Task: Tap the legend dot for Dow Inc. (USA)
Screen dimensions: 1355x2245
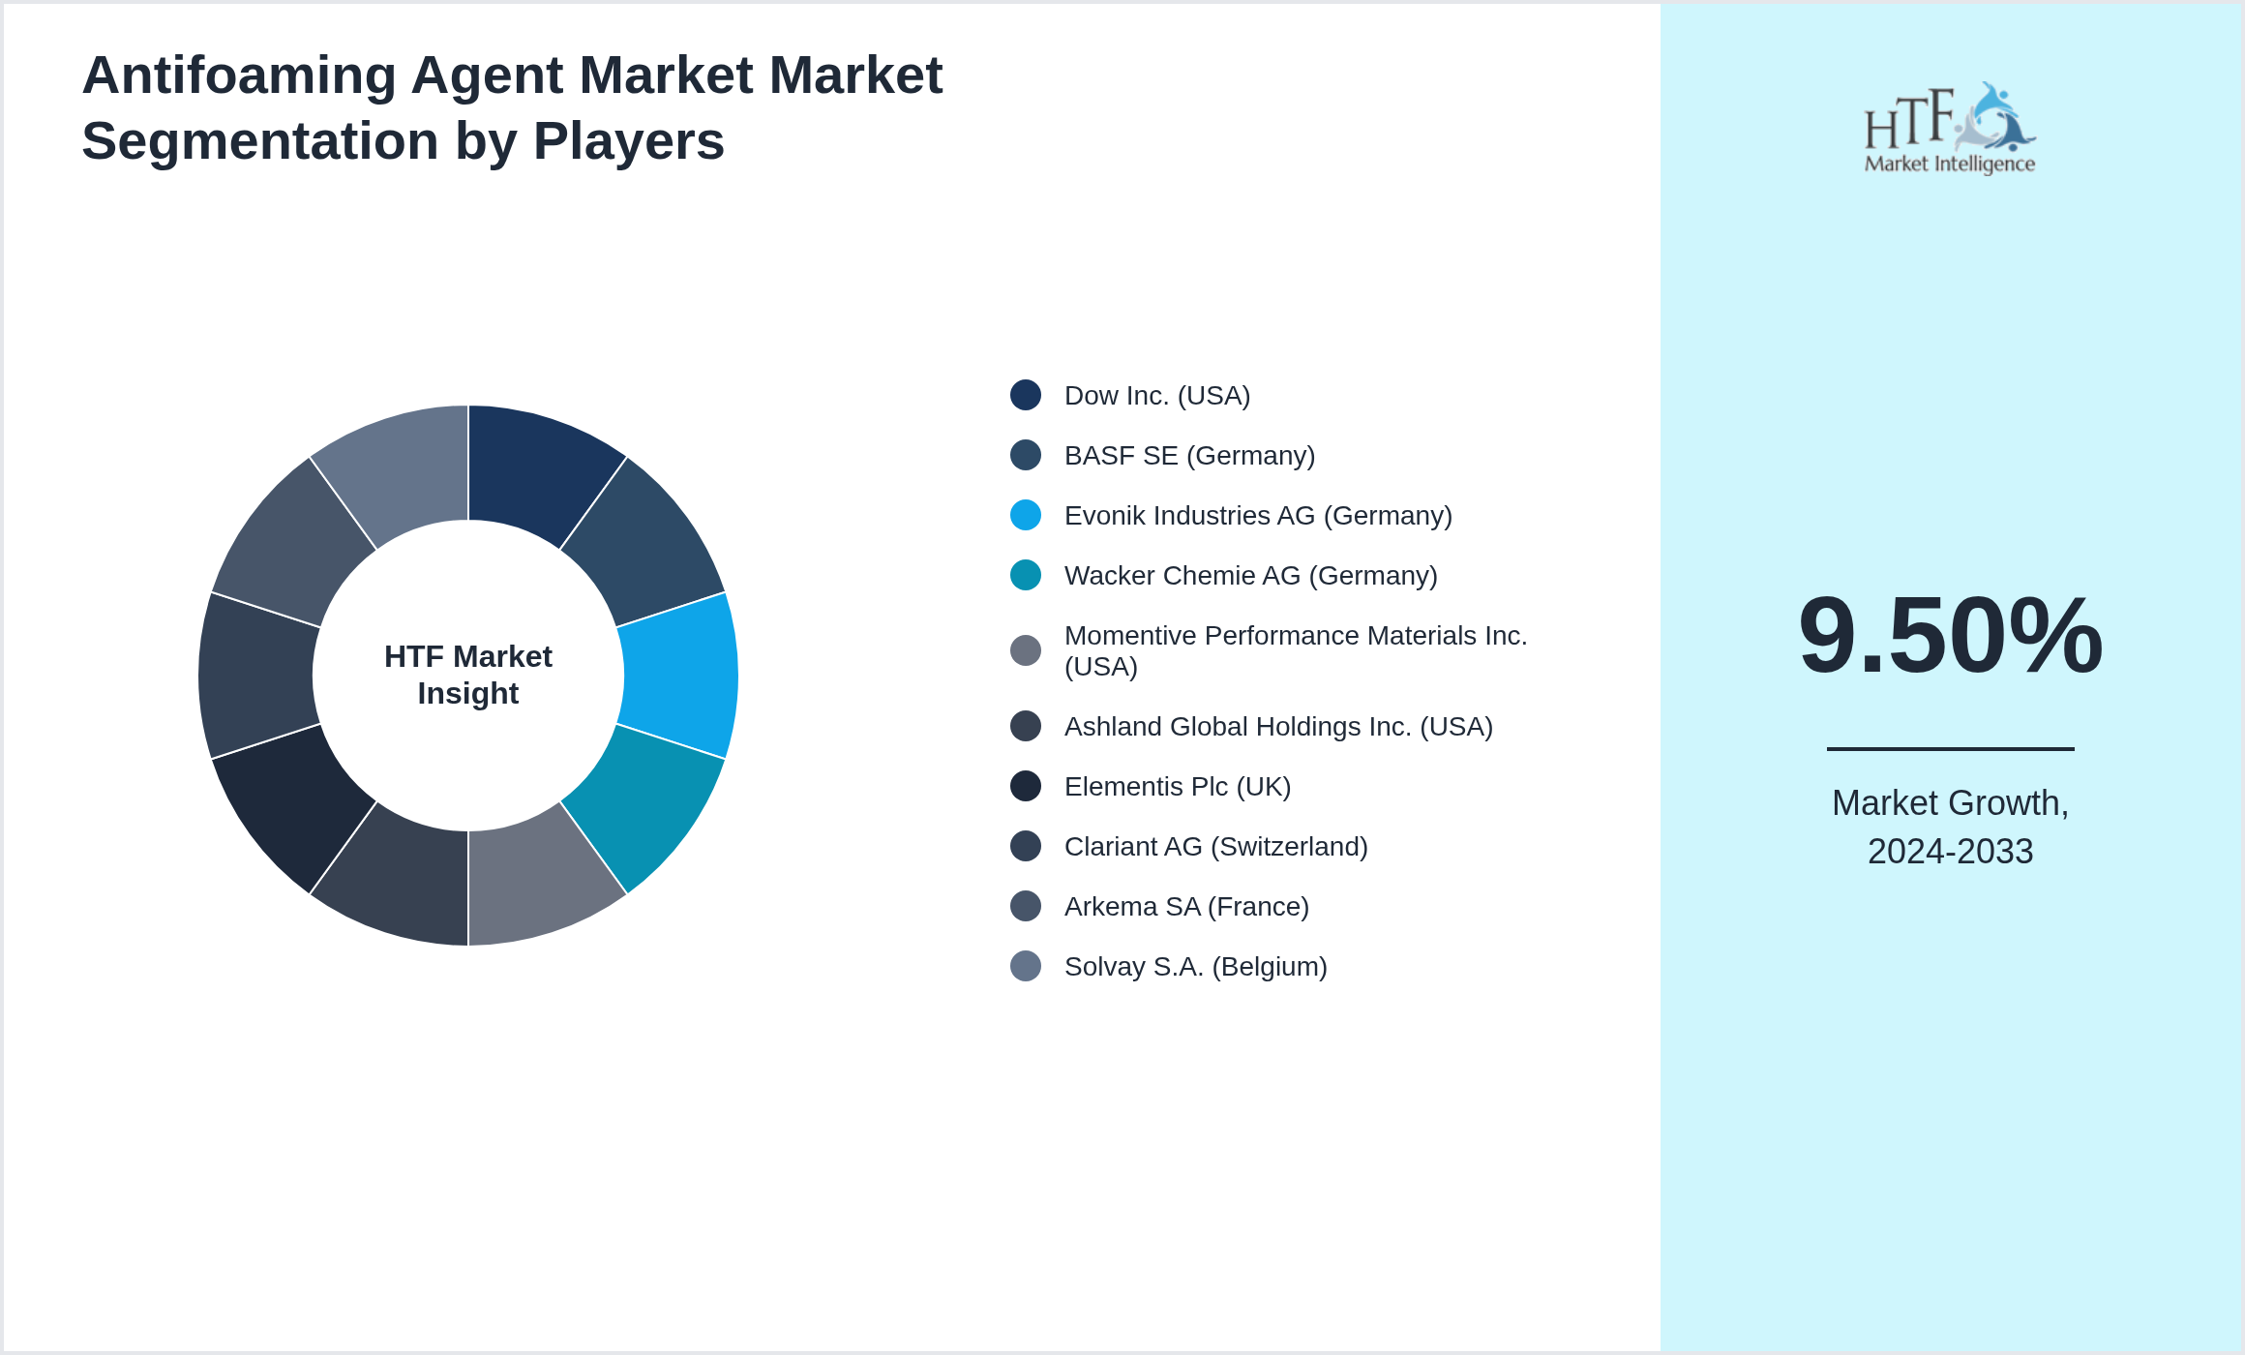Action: tap(1026, 395)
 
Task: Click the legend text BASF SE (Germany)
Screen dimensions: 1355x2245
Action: tap(1189, 456)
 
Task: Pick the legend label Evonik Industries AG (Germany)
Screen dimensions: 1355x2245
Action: tap(1258, 516)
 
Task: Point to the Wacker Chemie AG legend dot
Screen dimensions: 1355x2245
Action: tap(1026, 575)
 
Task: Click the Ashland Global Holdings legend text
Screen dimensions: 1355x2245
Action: tap(1278, 727)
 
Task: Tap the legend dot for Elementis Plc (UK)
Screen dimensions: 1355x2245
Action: tap(1026, 786)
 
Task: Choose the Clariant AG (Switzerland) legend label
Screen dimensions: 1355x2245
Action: tap(1215, 847)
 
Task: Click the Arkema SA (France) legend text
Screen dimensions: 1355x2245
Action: tap(1186, 907)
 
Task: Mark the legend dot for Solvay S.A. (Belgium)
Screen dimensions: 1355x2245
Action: tap(1026, 966)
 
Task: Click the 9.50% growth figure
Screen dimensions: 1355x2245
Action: tap(1950, 636)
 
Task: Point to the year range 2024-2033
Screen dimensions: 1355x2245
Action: tap(1950, 852)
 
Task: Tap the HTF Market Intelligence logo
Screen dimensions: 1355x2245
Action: tap(1950, 129)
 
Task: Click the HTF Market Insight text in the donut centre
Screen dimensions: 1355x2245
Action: tap(468, 675)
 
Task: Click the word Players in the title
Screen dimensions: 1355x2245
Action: tap(628, 141)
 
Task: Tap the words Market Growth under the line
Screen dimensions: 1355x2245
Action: tap(1949, 803)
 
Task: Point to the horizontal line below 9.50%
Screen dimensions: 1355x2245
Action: tap(1950, 748)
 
